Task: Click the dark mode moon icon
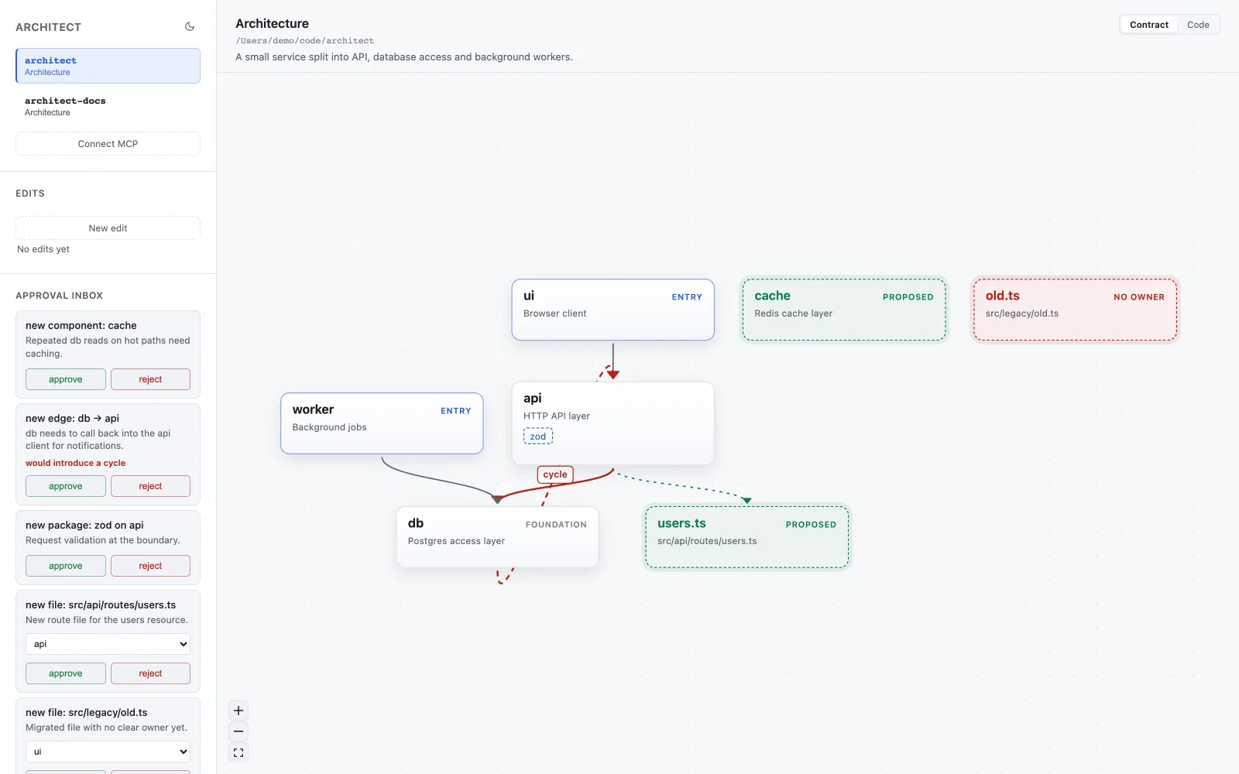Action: (189, 26)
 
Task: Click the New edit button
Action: (108, 228)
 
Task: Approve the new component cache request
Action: (65, 379)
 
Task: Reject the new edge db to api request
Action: (150, 486)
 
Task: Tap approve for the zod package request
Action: (65, 566)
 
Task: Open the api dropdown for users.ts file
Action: (108, 643)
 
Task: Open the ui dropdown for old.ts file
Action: (108, 752)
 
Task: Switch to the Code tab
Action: (1198, 25)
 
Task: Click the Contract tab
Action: (1149, 25)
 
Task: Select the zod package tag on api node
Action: (537, 437)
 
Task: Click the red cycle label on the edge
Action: (554, 474)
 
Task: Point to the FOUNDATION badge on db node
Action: (556, 525)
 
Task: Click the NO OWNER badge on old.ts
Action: (1139, 297)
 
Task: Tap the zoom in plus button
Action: (239, 711)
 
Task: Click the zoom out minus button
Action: (239, 731)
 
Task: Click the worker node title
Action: (313, 409)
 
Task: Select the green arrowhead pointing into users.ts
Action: (746, 500)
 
